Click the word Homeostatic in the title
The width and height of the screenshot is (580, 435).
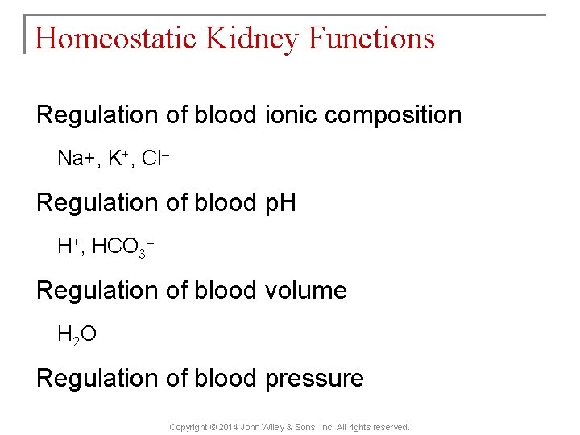point(112,39)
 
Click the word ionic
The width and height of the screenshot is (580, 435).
point(292,114)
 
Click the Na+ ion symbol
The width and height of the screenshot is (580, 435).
point(76,158)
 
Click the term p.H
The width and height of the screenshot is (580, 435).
point(280,203)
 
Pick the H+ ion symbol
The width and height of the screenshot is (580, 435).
point(68,246)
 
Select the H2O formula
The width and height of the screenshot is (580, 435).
point(77,334)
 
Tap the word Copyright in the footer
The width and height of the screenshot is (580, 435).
point(188,427)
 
